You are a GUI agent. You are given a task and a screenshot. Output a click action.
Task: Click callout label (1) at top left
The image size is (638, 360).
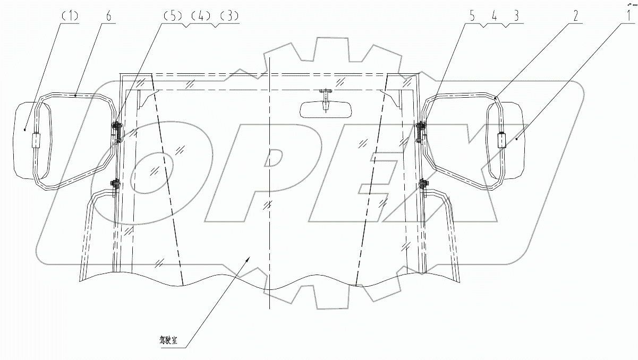click(x=70, y=16)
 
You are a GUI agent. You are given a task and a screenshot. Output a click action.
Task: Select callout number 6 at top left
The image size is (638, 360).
click(x=109, y=16)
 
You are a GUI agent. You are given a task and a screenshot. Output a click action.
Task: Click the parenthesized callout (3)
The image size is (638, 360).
click(x=230, y=16)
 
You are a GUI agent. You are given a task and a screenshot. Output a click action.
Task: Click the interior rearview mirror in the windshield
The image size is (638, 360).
click(x=324, y=109)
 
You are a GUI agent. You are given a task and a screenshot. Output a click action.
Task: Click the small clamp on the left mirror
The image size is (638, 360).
click(x=36, y=141)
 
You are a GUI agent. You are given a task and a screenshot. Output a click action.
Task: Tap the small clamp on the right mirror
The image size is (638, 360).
click(x=501, y=140)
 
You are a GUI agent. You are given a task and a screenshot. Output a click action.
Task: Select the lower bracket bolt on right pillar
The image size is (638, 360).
click(x=423, y=184)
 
